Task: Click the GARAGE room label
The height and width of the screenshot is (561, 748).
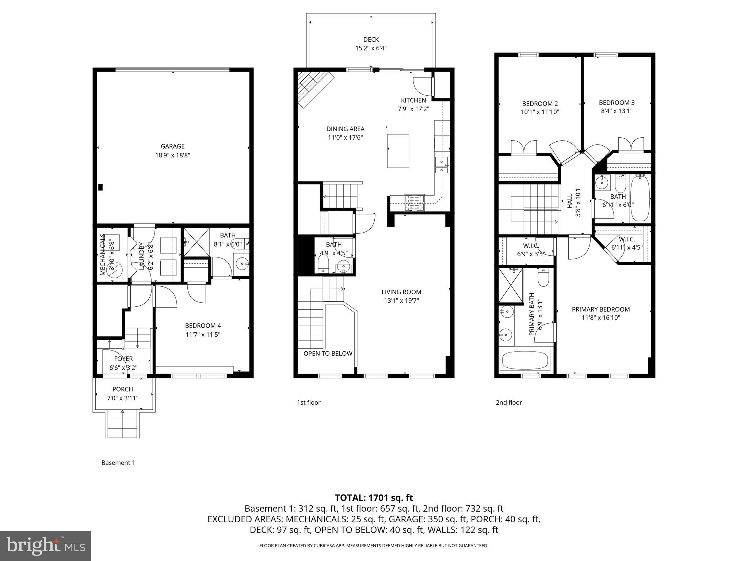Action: click(172, 146)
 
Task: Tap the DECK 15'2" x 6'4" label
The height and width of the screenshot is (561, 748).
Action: click(371, 44)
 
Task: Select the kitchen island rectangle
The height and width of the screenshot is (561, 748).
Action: click(398, 151)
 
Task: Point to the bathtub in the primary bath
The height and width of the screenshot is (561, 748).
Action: click(525, 360)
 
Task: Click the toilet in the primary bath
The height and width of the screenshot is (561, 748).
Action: click(543, 278)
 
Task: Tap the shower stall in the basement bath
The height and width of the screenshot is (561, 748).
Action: click(196, 242)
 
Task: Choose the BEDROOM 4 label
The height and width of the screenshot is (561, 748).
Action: click(203, 325)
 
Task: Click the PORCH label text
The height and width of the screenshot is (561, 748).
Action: click(123, 389)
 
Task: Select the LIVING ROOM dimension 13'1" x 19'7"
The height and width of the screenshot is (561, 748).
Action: click(401, 301)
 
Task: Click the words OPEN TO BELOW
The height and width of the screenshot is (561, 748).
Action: click(328, 354)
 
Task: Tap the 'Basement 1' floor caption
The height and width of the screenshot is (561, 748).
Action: click(118, 463)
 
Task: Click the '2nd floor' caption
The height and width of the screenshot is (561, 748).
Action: click(508, 402)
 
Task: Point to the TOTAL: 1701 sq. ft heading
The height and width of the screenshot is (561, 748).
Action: click(374, 497)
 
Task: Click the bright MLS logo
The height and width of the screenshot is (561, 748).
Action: click(46, 546)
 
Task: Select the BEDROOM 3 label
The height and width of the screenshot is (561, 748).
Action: click(617, 103)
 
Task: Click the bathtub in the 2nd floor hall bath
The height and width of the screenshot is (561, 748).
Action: click(640, 198)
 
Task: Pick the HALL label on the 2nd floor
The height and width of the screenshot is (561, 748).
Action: click(570, 201)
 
